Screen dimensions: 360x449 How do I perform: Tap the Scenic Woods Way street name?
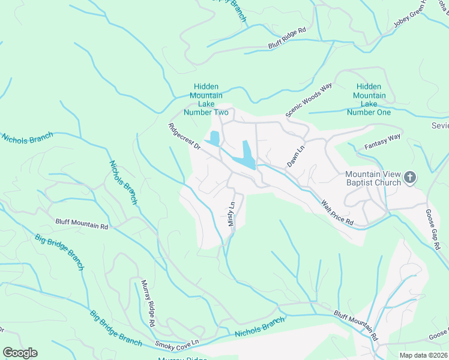click(309, 100)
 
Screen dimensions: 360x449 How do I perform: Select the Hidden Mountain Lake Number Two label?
click(206, 100)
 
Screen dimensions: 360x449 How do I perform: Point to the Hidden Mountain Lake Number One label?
click(369, 100)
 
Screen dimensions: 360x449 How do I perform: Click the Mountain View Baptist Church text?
click(372, 178)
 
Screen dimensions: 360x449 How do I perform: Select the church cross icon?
click(410, 177)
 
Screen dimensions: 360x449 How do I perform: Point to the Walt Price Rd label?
click(337, 214)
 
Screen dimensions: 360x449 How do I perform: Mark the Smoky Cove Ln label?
click(176, 344)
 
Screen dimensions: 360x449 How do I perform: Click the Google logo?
click(20, 353)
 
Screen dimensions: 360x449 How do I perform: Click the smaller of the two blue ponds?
click(214, 138)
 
